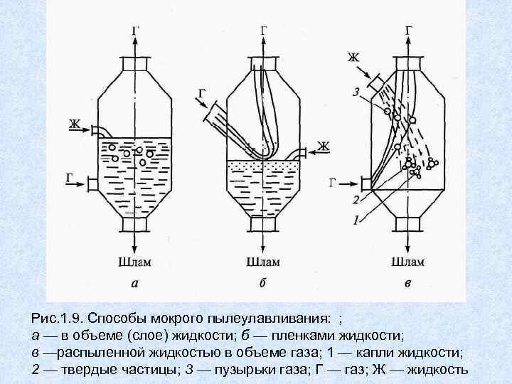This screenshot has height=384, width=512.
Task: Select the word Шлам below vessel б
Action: click(264, 262)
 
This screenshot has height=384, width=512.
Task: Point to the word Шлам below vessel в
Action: click(407, 262)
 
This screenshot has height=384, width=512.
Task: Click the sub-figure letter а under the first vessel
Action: click(134, 284)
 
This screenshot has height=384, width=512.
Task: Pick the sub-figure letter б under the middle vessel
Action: click(263, 283)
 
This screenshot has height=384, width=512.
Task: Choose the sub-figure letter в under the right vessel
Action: click(407, 284)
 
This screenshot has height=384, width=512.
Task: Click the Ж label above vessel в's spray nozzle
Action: click(353, 56)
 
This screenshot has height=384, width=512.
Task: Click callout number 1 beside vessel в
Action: click(355, 221)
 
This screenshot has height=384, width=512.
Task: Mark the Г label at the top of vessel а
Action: click(134, 31)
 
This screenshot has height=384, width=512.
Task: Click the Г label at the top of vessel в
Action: click(408, 31)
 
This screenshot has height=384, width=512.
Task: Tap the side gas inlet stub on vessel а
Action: click(92, 184)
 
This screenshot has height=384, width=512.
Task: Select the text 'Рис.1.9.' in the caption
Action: click(54, 315)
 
